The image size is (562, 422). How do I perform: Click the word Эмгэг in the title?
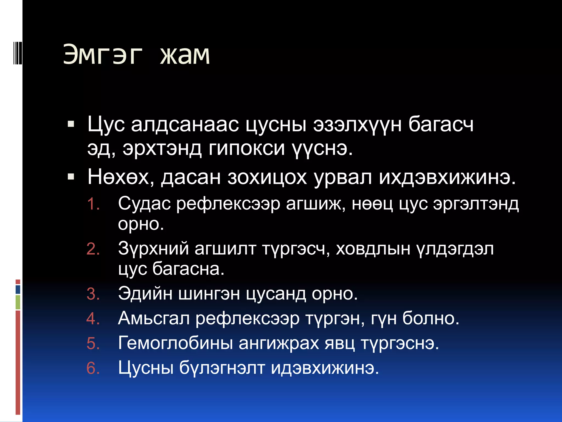pos(103,55)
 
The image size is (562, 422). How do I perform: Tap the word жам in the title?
pos(185,55)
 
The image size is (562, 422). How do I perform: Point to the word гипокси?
pos(247,149)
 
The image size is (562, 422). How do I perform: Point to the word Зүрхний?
pos(153,249)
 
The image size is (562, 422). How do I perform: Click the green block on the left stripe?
pos(18,302)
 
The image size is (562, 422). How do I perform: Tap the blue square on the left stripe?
pos(18,289)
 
